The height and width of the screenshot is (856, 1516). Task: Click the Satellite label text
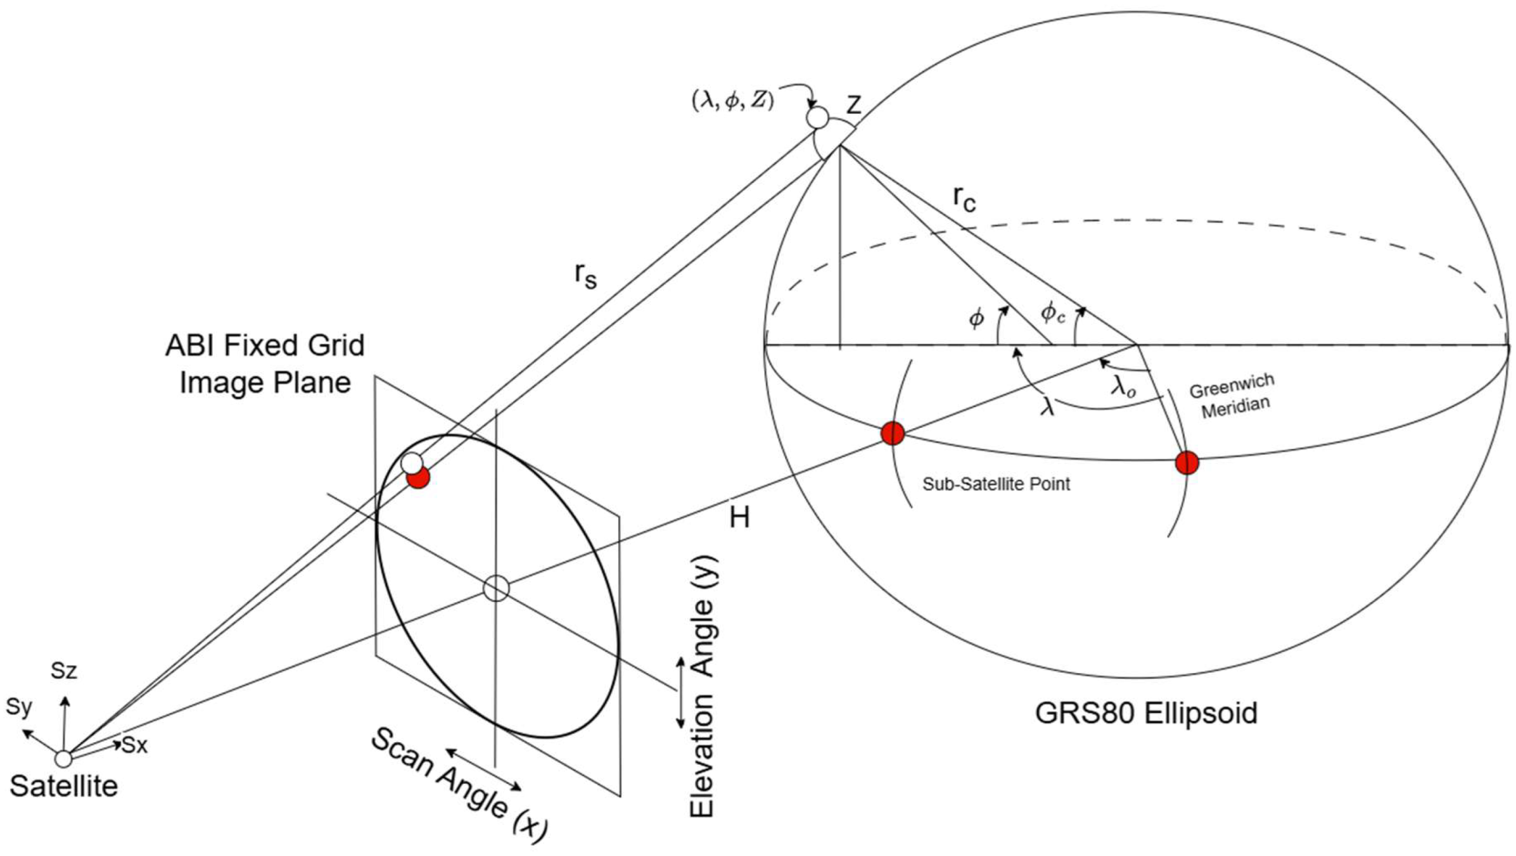tap(64, 786)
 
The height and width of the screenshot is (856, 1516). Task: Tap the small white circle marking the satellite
tap(63, 758)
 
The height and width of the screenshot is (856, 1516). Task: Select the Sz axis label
tap(64, 670)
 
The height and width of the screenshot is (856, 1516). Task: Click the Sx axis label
tap(135, 745)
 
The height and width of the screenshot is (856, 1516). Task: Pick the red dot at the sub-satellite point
tap(893, 434)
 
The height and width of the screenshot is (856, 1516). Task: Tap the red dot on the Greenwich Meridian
tap(1187, 463)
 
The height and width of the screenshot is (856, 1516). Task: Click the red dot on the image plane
tap(419, 477)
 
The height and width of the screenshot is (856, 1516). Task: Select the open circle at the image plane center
tap(496, 588)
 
